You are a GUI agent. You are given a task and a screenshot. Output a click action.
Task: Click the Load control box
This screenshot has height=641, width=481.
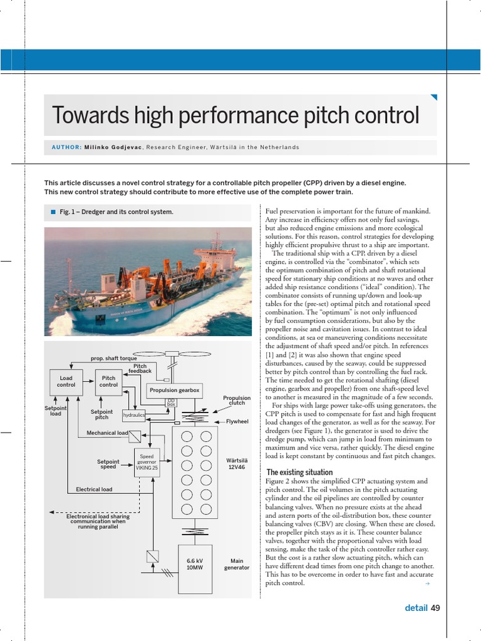pos(66,381)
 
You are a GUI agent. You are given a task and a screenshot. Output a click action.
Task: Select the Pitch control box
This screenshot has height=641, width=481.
pos(109,381)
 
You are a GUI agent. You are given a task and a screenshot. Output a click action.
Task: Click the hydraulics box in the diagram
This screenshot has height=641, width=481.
pos(134,415)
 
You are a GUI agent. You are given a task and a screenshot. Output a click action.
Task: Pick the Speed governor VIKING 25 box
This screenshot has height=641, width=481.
pos(147,463)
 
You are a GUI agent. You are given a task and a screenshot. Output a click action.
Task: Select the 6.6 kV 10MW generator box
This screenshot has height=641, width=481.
pos(195,563)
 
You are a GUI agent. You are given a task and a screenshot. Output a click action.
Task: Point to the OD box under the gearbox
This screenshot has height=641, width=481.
pos(171,403)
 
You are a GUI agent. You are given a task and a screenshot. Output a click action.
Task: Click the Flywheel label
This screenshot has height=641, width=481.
pos(237,421)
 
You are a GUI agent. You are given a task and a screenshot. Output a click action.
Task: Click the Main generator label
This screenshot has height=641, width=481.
pos(237,564)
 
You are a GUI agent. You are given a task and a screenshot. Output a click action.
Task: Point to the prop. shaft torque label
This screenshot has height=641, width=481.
pos(113,359)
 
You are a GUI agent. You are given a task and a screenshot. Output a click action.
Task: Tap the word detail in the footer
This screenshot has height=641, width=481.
pos(416,607)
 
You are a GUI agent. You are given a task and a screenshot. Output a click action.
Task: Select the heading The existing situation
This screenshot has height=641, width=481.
pos(299,472)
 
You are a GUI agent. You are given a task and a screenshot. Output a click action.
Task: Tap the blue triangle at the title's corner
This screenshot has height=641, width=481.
pos(433,98)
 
